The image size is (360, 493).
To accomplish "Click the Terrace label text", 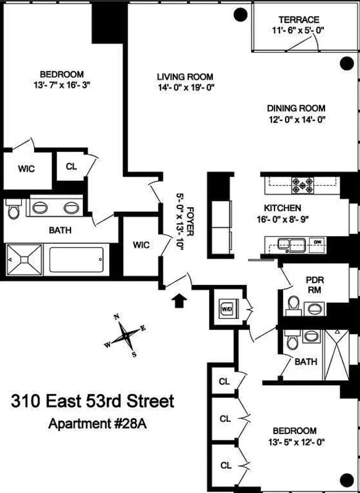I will [x=299, y=20].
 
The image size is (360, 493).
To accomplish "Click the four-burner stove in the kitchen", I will [x=302, y=185].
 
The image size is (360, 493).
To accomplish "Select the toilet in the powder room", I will [x=294, y=304].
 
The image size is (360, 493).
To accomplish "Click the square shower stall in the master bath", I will [x=25, y=260].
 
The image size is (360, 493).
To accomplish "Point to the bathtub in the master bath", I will [x=76, y=260].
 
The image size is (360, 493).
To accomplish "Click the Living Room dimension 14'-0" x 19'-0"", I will [x=185, y=87].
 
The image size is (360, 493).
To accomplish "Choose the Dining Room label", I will [x=296, y=108].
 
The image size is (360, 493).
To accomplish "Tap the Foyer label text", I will [x=190, y=221].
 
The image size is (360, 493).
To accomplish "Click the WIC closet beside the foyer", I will [x=141, y=245].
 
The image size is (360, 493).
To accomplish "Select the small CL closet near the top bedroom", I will [x=71, y=166].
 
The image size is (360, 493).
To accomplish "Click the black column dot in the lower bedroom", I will [x=347, y=479].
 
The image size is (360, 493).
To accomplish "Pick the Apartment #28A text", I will [x=98, y=424].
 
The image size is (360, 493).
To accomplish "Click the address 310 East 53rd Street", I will [x=92, y=402].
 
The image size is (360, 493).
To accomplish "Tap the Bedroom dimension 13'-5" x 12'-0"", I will [x=294, y=442].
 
